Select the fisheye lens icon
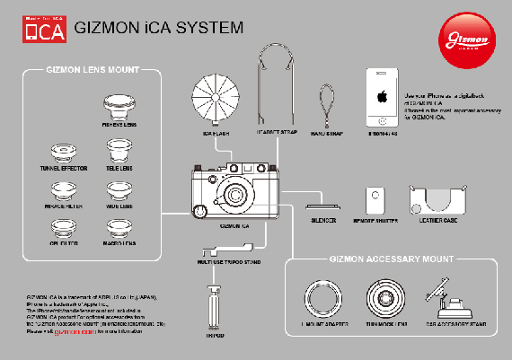tap(119, 112)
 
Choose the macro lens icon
tap(119, 228)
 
